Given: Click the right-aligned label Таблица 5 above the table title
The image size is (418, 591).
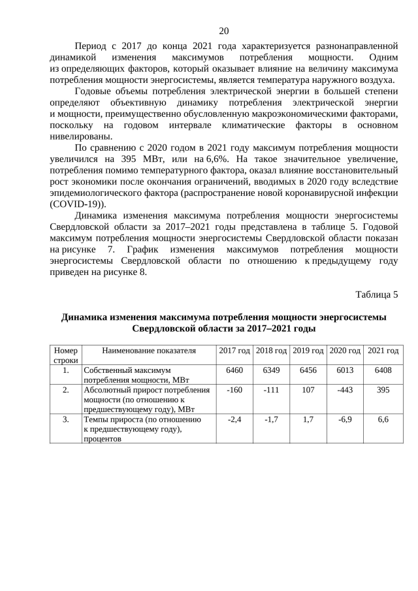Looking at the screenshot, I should click(x=376, y=294).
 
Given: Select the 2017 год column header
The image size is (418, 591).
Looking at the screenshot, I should click(x=234, y=351).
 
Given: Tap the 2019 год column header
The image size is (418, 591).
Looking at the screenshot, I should click(x=308, y=351).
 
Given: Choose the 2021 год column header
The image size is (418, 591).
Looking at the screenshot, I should click(x=383, y=351).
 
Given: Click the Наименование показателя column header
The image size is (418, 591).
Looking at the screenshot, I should click(x=149, y=351).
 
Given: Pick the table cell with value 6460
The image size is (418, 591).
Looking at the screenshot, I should click(x=234, y=370).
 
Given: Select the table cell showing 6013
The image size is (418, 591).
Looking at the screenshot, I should click(x=345, y=370).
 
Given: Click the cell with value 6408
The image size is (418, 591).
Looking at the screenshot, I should click(x=383, y=370).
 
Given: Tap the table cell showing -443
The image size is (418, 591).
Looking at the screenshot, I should click(x=345, y=390).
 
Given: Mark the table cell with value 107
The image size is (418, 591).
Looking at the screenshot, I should click(x=308, y=390).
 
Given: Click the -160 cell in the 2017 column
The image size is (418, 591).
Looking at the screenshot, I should click(x=234, y=390).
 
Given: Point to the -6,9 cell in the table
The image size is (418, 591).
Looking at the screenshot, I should click(x=345, y=419).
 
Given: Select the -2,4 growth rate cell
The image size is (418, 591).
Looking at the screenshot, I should click(x=234, y=419).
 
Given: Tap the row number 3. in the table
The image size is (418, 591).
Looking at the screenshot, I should click(x=66, y=419).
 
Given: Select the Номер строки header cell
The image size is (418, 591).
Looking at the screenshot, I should click(x=66, y=355).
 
